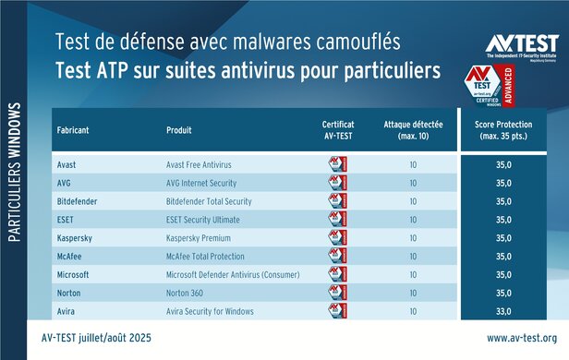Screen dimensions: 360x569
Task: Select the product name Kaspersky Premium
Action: click(x=200, y=237)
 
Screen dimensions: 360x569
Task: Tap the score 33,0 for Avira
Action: click(x=504, y=311)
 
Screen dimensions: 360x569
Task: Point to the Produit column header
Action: click(x=181, y=129)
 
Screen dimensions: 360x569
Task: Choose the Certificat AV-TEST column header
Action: click(x=338, y=129)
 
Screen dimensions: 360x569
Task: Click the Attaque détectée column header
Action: click(x=412, y=129)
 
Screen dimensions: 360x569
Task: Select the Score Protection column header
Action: click(x=504, y=129)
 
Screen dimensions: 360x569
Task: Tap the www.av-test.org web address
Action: click(x=521, y=338)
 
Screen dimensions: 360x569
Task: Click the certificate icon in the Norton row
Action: click(x=338, y=293)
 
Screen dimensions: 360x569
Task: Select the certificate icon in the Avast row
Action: click(x=338, y=163)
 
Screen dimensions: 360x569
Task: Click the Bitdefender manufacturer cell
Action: click(x=80, y=200)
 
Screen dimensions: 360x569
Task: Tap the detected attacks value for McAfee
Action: click(x=412, y=256)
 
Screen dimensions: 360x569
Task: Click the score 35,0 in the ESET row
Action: click(x=504, y=219)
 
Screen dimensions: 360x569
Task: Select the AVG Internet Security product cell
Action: click(x=206, y=182)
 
